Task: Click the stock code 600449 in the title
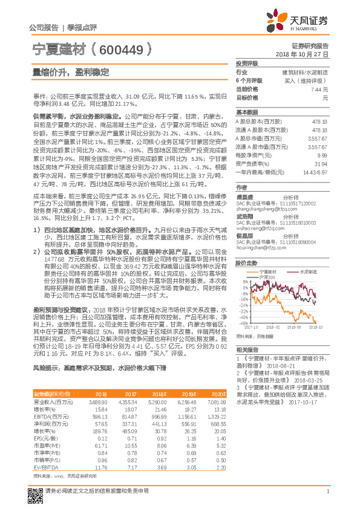(x=125, y=49)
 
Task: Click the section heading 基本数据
(x=247, y=112)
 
